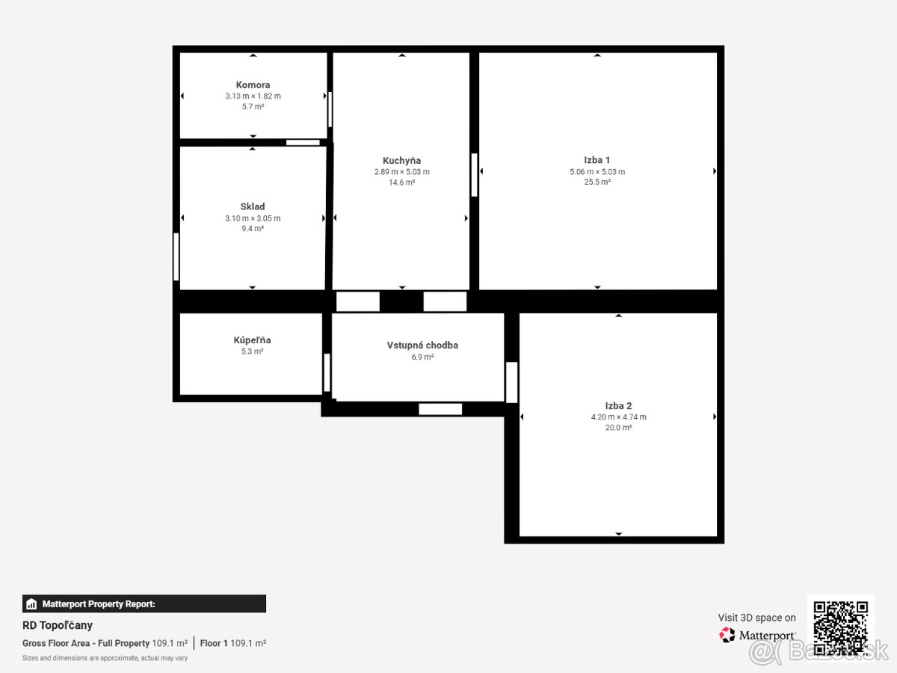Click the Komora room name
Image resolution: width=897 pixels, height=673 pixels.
253,85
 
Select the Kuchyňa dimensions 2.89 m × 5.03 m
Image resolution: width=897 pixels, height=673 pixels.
401,172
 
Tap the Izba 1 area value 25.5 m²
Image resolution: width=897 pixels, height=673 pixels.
597,182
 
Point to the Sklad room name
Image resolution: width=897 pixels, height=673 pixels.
253,207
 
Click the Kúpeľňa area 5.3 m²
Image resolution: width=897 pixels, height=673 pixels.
252,351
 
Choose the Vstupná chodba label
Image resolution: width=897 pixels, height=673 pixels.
422,345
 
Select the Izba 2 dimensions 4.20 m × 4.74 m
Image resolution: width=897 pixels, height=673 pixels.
618,417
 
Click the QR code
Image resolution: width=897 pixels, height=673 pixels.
841,627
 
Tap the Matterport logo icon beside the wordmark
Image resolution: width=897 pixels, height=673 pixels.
727,635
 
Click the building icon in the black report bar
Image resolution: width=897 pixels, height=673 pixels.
31,604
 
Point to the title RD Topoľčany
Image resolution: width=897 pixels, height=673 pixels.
58,625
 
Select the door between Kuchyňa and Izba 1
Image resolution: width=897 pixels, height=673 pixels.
474,175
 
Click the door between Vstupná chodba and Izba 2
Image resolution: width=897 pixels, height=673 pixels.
511,382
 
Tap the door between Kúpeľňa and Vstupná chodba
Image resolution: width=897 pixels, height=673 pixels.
327,372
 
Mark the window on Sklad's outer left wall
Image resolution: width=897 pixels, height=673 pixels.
176,256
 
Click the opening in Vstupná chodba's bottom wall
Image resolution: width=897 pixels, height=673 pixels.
440,409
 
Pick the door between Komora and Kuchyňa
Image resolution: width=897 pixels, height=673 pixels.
330,109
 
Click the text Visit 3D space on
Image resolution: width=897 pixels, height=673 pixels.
756,618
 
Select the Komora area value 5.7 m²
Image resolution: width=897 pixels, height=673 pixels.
253,107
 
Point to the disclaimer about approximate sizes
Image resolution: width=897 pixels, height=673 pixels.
105,658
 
